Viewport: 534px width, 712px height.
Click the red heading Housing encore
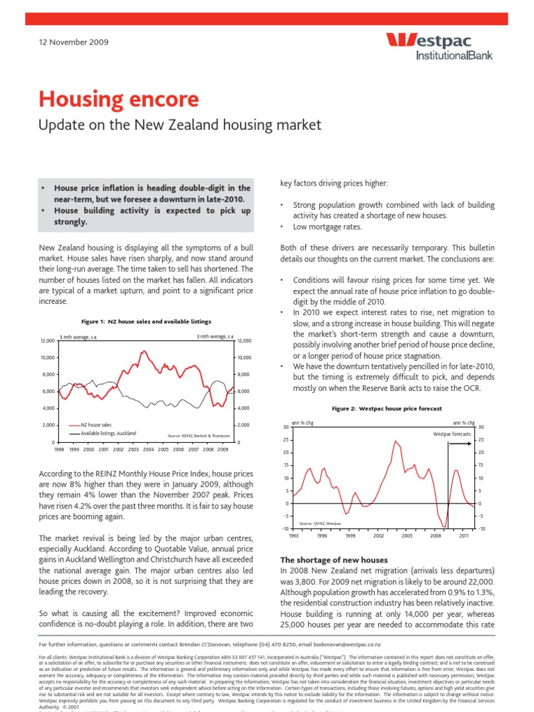[x=119, y=99]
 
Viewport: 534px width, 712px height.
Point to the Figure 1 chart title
[x=136, y=321]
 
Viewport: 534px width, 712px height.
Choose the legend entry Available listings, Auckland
[x=108, y=433]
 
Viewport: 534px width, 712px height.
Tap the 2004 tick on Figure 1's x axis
[x=148, y=450]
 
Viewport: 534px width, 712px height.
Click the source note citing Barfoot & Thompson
[x=197, y=436]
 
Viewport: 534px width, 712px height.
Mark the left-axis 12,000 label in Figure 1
[x=47, y=341]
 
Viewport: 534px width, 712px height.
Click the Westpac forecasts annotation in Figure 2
[x=451, y=433]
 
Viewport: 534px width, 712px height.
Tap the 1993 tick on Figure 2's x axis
[x=293, y=536]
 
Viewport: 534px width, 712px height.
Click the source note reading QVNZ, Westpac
[x=320, y=521]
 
